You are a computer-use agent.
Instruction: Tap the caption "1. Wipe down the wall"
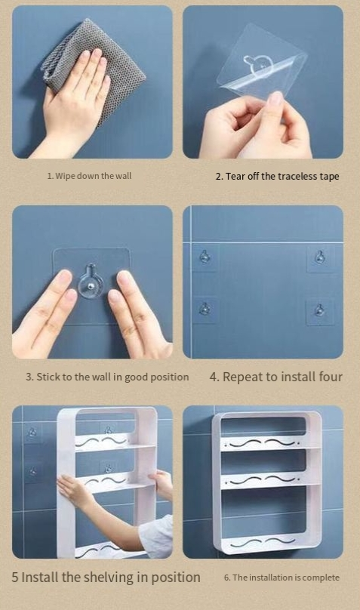(x=89, y=176)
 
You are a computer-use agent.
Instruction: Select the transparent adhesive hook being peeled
(x=263, y=62)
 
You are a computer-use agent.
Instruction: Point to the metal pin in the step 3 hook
(x=91, y=286)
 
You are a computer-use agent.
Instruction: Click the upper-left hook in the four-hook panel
(x=204, y=257)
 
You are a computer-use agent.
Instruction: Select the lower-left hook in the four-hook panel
(x=204, y=309)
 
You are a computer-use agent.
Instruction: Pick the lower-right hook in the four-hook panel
(x=319, y=310)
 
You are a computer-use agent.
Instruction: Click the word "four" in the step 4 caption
(x=329, y=377)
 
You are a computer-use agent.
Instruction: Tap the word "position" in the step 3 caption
(x=170, y=377)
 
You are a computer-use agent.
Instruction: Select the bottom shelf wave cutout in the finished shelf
(x=263, y=543)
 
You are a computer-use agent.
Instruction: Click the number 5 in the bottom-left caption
(x=15, y=578)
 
